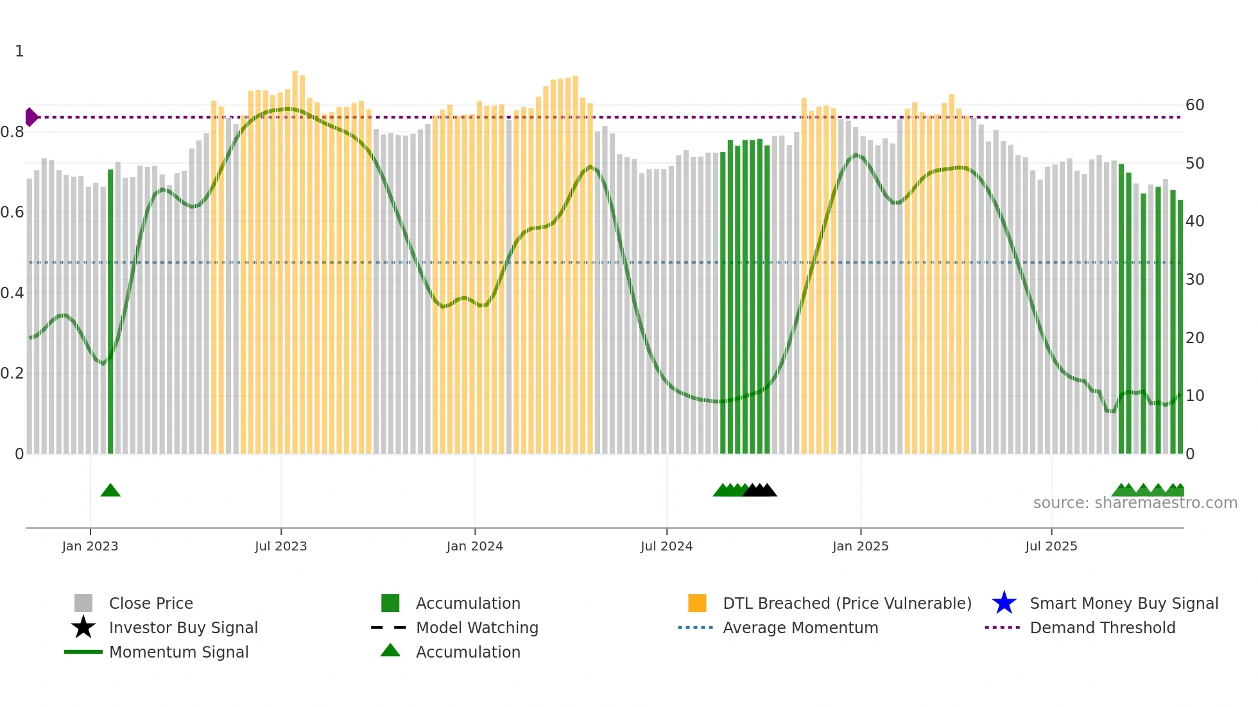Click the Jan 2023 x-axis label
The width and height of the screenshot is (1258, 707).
(x=90, y=546)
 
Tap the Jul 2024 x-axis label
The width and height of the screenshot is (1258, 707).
(x=666, y=546)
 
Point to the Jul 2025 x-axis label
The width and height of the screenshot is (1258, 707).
(x=1051, y=546)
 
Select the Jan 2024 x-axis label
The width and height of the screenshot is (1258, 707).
(x=474, y=546)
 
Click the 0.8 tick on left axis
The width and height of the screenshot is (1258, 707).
(x=13, y=132)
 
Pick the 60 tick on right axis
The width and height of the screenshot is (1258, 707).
(x=1194, y=105)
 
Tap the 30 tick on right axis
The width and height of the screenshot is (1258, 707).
(x=1194, y=280)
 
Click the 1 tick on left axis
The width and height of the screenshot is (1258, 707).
(x=19, y=51)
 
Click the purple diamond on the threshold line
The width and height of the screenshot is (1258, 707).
(x=31, y=117)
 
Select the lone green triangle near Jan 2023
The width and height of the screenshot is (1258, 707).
(x=110, y=491)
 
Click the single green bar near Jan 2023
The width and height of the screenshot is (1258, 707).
(x=110, y=311)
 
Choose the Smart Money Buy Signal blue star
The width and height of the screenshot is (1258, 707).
(x=1004, y=603)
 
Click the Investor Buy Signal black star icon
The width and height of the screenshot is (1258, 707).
(x=83, y=627)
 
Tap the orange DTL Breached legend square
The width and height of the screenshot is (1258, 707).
(x=697, y=603)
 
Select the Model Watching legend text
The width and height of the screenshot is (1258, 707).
(x=477, y=627)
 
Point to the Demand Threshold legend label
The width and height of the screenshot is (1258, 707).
(x=1102, y=627)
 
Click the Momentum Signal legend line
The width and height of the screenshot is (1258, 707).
(x=83, y=652)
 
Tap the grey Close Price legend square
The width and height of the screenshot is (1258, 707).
(x=83, y=603)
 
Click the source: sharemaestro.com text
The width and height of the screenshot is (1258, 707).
(x=1135, y=503)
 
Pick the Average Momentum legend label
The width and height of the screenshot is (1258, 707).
(x=800, y=627)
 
